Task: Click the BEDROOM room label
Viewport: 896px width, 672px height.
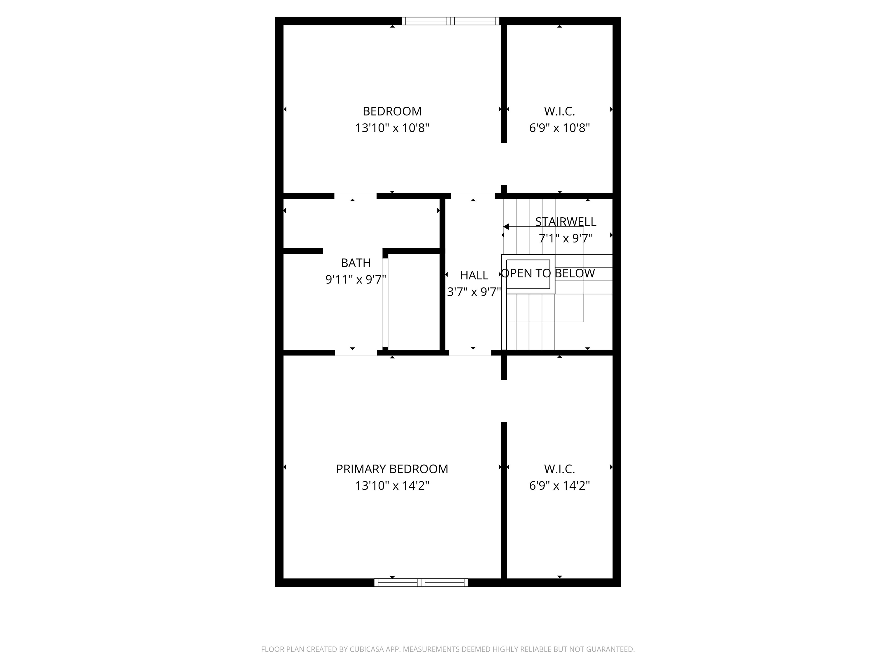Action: pyautogui.click(x=392, y=111)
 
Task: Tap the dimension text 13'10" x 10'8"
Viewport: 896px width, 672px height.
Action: pyautogui.click(x=392, y=128)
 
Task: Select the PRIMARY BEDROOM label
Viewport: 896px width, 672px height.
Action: pyautogui.click(x=392, y=469)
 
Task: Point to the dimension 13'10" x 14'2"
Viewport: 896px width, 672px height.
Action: pyautogui.click(x=392, y=485)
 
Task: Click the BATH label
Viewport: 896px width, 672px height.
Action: pyautogui.click(x=356, y=263)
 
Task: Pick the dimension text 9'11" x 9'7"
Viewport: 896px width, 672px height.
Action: pyautogui.click(x=356, y=279)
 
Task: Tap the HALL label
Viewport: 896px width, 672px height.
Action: pyautogui.click(x=474, y=275)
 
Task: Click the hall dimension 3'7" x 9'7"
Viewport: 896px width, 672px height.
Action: pyautogui.click(x=474, y=292)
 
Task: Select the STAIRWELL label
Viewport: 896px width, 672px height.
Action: pyautogui.click(x=566, y=222)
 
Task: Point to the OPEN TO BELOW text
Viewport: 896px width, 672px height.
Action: pyautogui.click(x=548, y=273)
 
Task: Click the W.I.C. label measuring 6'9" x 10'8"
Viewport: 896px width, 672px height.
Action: pyautogui.click(x=559, y=111)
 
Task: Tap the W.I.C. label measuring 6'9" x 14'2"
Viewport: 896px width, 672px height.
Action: pyautogui.click(x=559, y=469)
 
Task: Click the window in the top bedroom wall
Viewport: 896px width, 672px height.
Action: pyautogui.click(x=450, y=21)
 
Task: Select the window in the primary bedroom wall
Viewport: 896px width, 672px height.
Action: pyautogui.click(x=421, y=582)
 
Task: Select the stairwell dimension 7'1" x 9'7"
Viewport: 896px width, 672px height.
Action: pyautogui.click(x=566, y=238)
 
